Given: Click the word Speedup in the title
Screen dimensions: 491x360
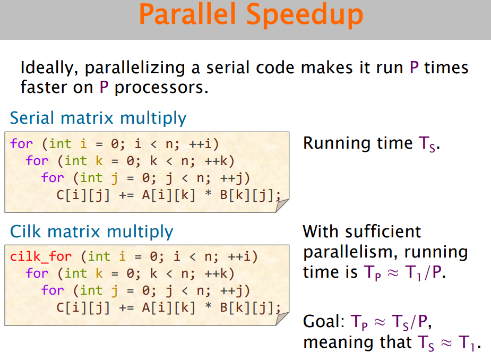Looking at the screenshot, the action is [x=304, y=16].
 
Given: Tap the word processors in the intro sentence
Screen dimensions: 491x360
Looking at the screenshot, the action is [x=161, y=88].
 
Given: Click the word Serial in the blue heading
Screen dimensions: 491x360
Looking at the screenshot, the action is [x=32, y=118].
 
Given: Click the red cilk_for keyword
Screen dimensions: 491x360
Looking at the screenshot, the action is [x=41, y=256].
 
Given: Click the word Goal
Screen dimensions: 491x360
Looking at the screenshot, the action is [x=324, y=321].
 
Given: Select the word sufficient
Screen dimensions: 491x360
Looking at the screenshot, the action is [x=383, y=232].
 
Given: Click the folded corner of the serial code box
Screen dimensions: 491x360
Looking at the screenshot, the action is [x=282, y=205].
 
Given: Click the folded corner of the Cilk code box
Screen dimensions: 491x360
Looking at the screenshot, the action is [x=282, y=319].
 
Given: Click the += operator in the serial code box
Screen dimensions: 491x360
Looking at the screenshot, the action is [x=126, y=195].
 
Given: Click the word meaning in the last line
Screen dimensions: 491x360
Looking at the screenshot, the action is [x=341, y=342].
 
